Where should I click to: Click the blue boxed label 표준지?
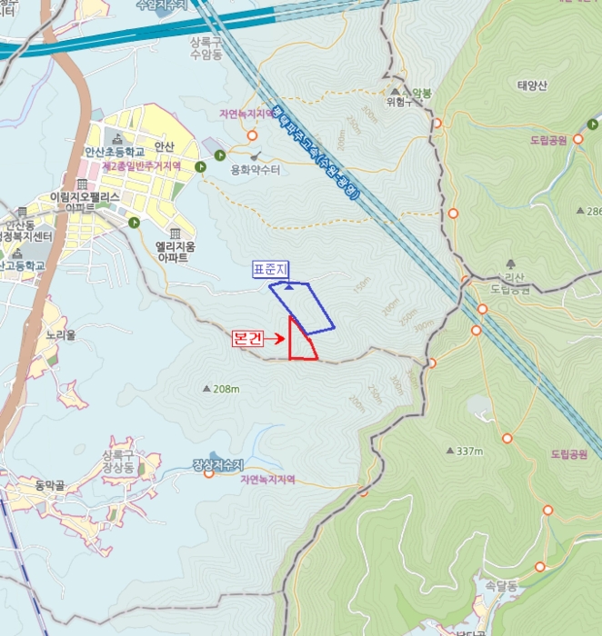tap(269, 269)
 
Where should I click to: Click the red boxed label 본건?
tap(248, 338)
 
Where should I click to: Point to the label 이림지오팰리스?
tap(87, 196)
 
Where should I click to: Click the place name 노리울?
tap(61, 334)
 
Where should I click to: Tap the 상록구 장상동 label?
tap(125, 461)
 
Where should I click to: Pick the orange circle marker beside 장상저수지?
tap(208, 473)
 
